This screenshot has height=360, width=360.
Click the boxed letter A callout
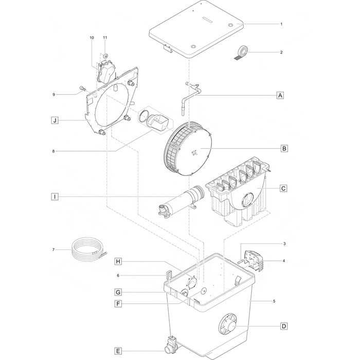280,95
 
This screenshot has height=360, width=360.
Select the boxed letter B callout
284,149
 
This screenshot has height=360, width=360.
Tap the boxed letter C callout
283,188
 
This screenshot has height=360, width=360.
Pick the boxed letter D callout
283,326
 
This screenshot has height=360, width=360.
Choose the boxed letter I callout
54,196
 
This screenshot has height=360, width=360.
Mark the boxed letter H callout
118,262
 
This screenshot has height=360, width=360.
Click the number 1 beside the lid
281,24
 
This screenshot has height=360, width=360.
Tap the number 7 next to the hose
53,250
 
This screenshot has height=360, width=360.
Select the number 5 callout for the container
274,301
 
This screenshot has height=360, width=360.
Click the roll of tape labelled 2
242,51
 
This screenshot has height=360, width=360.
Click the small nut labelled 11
105,55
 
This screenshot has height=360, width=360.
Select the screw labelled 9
82,90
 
